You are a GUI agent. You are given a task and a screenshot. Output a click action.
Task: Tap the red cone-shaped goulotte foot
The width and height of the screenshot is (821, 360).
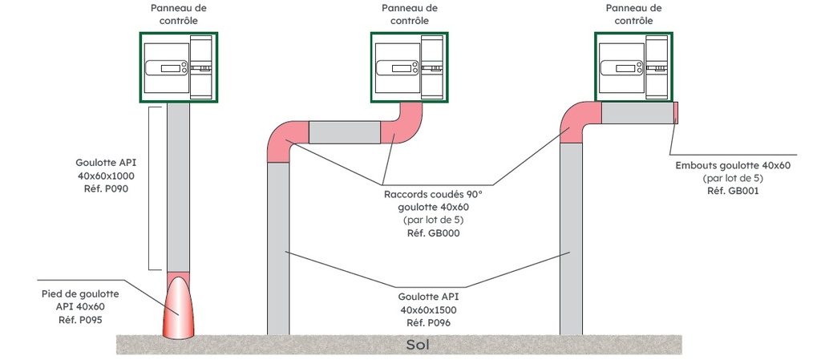point(179,309)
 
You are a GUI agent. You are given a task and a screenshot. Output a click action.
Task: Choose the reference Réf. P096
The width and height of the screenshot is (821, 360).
point(432,322)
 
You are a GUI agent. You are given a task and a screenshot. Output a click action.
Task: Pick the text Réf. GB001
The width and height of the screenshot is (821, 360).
point(733,191)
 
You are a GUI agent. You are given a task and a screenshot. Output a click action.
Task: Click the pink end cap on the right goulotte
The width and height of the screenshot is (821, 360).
point(676,113)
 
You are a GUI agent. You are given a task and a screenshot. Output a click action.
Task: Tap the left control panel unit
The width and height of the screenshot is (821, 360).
point(178,67)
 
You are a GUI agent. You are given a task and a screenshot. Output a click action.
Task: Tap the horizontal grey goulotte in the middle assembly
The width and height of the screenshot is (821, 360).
point(343,132)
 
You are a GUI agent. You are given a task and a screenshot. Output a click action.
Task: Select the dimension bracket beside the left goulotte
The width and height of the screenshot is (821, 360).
point(151,188)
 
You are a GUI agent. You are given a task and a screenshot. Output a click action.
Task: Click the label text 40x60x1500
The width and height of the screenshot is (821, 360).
point(432,309)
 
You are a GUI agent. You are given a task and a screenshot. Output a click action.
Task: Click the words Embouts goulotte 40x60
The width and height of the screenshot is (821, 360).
point(733,165)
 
